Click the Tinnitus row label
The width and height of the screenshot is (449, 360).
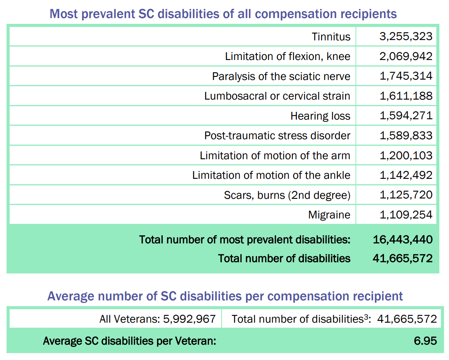(331, 37)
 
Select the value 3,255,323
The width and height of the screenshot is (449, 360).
(406, 37)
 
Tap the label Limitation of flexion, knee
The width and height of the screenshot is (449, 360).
(287, 57)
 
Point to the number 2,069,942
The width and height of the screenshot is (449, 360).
(406, 57)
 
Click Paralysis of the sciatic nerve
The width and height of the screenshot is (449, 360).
(281, 76)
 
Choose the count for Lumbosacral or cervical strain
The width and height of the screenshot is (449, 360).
(406, 96)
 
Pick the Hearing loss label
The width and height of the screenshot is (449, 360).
(320, 116)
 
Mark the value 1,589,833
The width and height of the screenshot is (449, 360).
(406, 136)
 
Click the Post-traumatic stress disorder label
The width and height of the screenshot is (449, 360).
(277, 136)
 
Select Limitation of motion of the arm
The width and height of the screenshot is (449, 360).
(275, 156)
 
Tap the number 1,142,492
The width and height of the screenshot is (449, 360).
(406, 175)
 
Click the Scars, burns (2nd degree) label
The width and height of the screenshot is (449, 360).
(287, 195)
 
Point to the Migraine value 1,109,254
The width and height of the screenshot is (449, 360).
(406, 215)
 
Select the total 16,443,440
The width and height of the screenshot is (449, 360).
(402, 240)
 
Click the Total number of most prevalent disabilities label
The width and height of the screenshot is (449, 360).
(245, 240)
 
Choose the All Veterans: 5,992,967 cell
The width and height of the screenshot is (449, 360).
(157, 319)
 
